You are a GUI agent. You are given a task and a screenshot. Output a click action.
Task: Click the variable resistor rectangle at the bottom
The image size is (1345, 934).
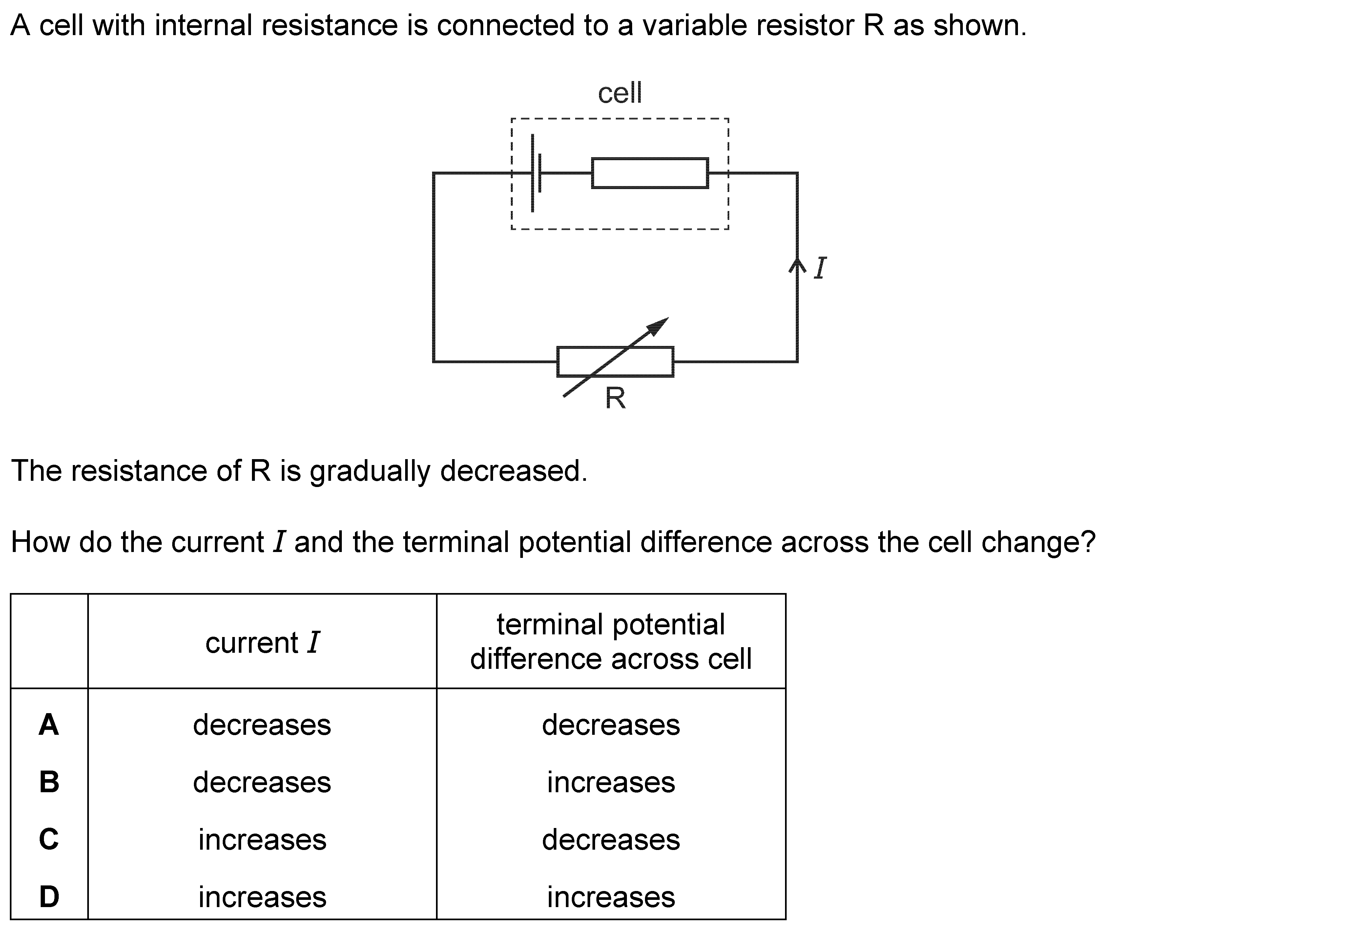(615, 362)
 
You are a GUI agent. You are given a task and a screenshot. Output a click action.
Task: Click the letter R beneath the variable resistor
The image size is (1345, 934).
(615, 398)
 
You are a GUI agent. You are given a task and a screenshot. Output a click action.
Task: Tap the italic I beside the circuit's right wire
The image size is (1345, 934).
(820, 268)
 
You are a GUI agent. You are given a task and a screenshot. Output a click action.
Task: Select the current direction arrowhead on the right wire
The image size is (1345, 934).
(797, 266)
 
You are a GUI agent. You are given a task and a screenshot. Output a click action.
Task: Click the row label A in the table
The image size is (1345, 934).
(49, 725)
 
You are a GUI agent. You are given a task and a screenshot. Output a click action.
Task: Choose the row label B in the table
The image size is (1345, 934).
(49, 782)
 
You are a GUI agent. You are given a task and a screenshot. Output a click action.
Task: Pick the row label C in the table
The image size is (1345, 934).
(49, 839)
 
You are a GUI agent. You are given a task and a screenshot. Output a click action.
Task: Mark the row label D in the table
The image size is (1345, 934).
(49, 897)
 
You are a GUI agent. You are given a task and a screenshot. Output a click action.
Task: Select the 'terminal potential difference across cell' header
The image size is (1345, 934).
(611, 641)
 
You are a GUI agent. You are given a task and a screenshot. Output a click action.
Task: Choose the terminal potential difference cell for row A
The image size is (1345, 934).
(611, 725)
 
